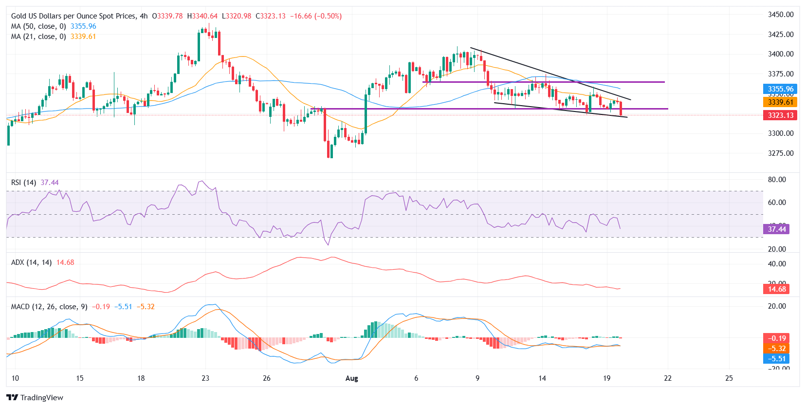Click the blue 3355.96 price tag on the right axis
click(x=780, y=89)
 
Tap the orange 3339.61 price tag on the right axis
click(x=780, y=102)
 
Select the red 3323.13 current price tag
click(x=780, y=115)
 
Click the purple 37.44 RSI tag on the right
click(x=776, y=229)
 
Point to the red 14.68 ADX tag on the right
click(x=776, y=289)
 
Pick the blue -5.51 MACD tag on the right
click(x=776, y=359)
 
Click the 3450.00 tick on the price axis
click(x=780, y=15)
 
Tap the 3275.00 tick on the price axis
click(x=780, y=153)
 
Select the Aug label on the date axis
click(x=351, y=378)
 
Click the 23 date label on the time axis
click(x=205, y=378)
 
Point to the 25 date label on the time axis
click(x=729, y=378)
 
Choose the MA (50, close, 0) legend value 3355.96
click(x=83, y=26)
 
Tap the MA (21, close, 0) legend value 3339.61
click(x=83, y=37)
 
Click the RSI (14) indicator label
click(x=23, y=183)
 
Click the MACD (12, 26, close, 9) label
click(x=49, y=307)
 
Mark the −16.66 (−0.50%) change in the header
click(x=316, y=16)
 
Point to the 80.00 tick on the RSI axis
click(x=776, y=180)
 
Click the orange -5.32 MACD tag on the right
click(x=776, y=349)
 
